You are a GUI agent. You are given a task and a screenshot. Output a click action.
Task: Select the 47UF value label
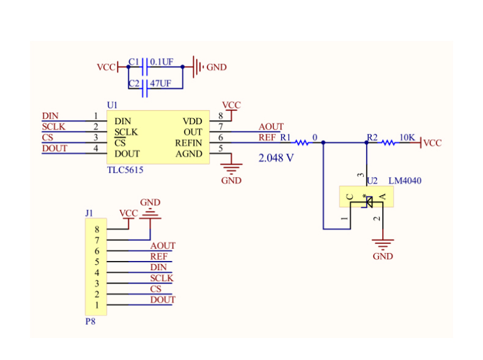pyautogui.click(x=160, y=83)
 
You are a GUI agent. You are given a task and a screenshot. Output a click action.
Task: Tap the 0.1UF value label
pyautogui.click(x=161, y=62)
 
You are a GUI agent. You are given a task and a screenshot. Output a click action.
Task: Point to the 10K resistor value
pyautogui.click(x=407, y=137)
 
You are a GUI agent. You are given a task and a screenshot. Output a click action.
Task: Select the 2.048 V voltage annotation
pyautogui.click(x=276, y=158)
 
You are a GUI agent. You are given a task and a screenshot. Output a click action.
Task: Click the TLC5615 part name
pyautogui.click(x=125, y=171)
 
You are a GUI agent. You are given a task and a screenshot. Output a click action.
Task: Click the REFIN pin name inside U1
pyautogui.click(x=189, y=143)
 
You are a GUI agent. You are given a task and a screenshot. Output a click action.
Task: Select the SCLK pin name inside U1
pyautogui.click(x=126, y=132)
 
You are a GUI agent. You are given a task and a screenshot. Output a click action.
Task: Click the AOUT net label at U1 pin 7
pyautogui.click(x=271, y=127)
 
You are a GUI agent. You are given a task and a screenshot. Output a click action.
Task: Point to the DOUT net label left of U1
pyautogui.click(x=54, y=149)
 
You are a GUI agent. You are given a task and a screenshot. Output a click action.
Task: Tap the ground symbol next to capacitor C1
pyautogui.click(x=197, y=67)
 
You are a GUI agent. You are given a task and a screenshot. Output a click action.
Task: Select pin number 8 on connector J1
pyautogui.click(x=97, y=229)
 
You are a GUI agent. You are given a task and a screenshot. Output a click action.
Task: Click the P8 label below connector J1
pyautogui.click(x=90, y=321)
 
